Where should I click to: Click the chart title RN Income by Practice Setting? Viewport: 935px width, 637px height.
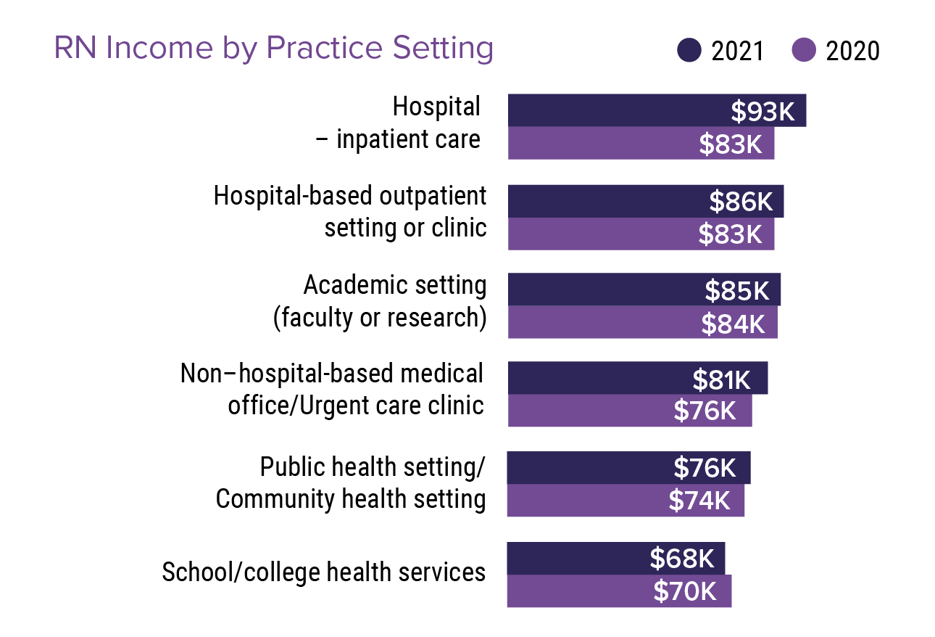pyautogui.click(x=273, y=49)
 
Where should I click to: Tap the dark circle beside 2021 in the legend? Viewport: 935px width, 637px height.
pyautogui.click(x=689, y=51)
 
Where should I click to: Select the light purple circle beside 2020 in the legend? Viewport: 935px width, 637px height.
pyautogui.click(x=804, y=51)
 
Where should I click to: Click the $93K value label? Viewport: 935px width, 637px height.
pyautogui.click(x=762, y=111)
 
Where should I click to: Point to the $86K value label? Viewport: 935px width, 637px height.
pyautogui.click(x=741, y=201)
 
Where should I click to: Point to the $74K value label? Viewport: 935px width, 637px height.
pyautogui.click(x=699, y=501)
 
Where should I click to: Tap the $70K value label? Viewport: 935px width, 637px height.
pyautogui.click(x=685, y=591)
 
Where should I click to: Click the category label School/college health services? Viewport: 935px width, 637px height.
pyautogui.click(x=323, y=572)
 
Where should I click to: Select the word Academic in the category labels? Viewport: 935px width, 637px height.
pyautogui.click(x=344, y=285)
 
